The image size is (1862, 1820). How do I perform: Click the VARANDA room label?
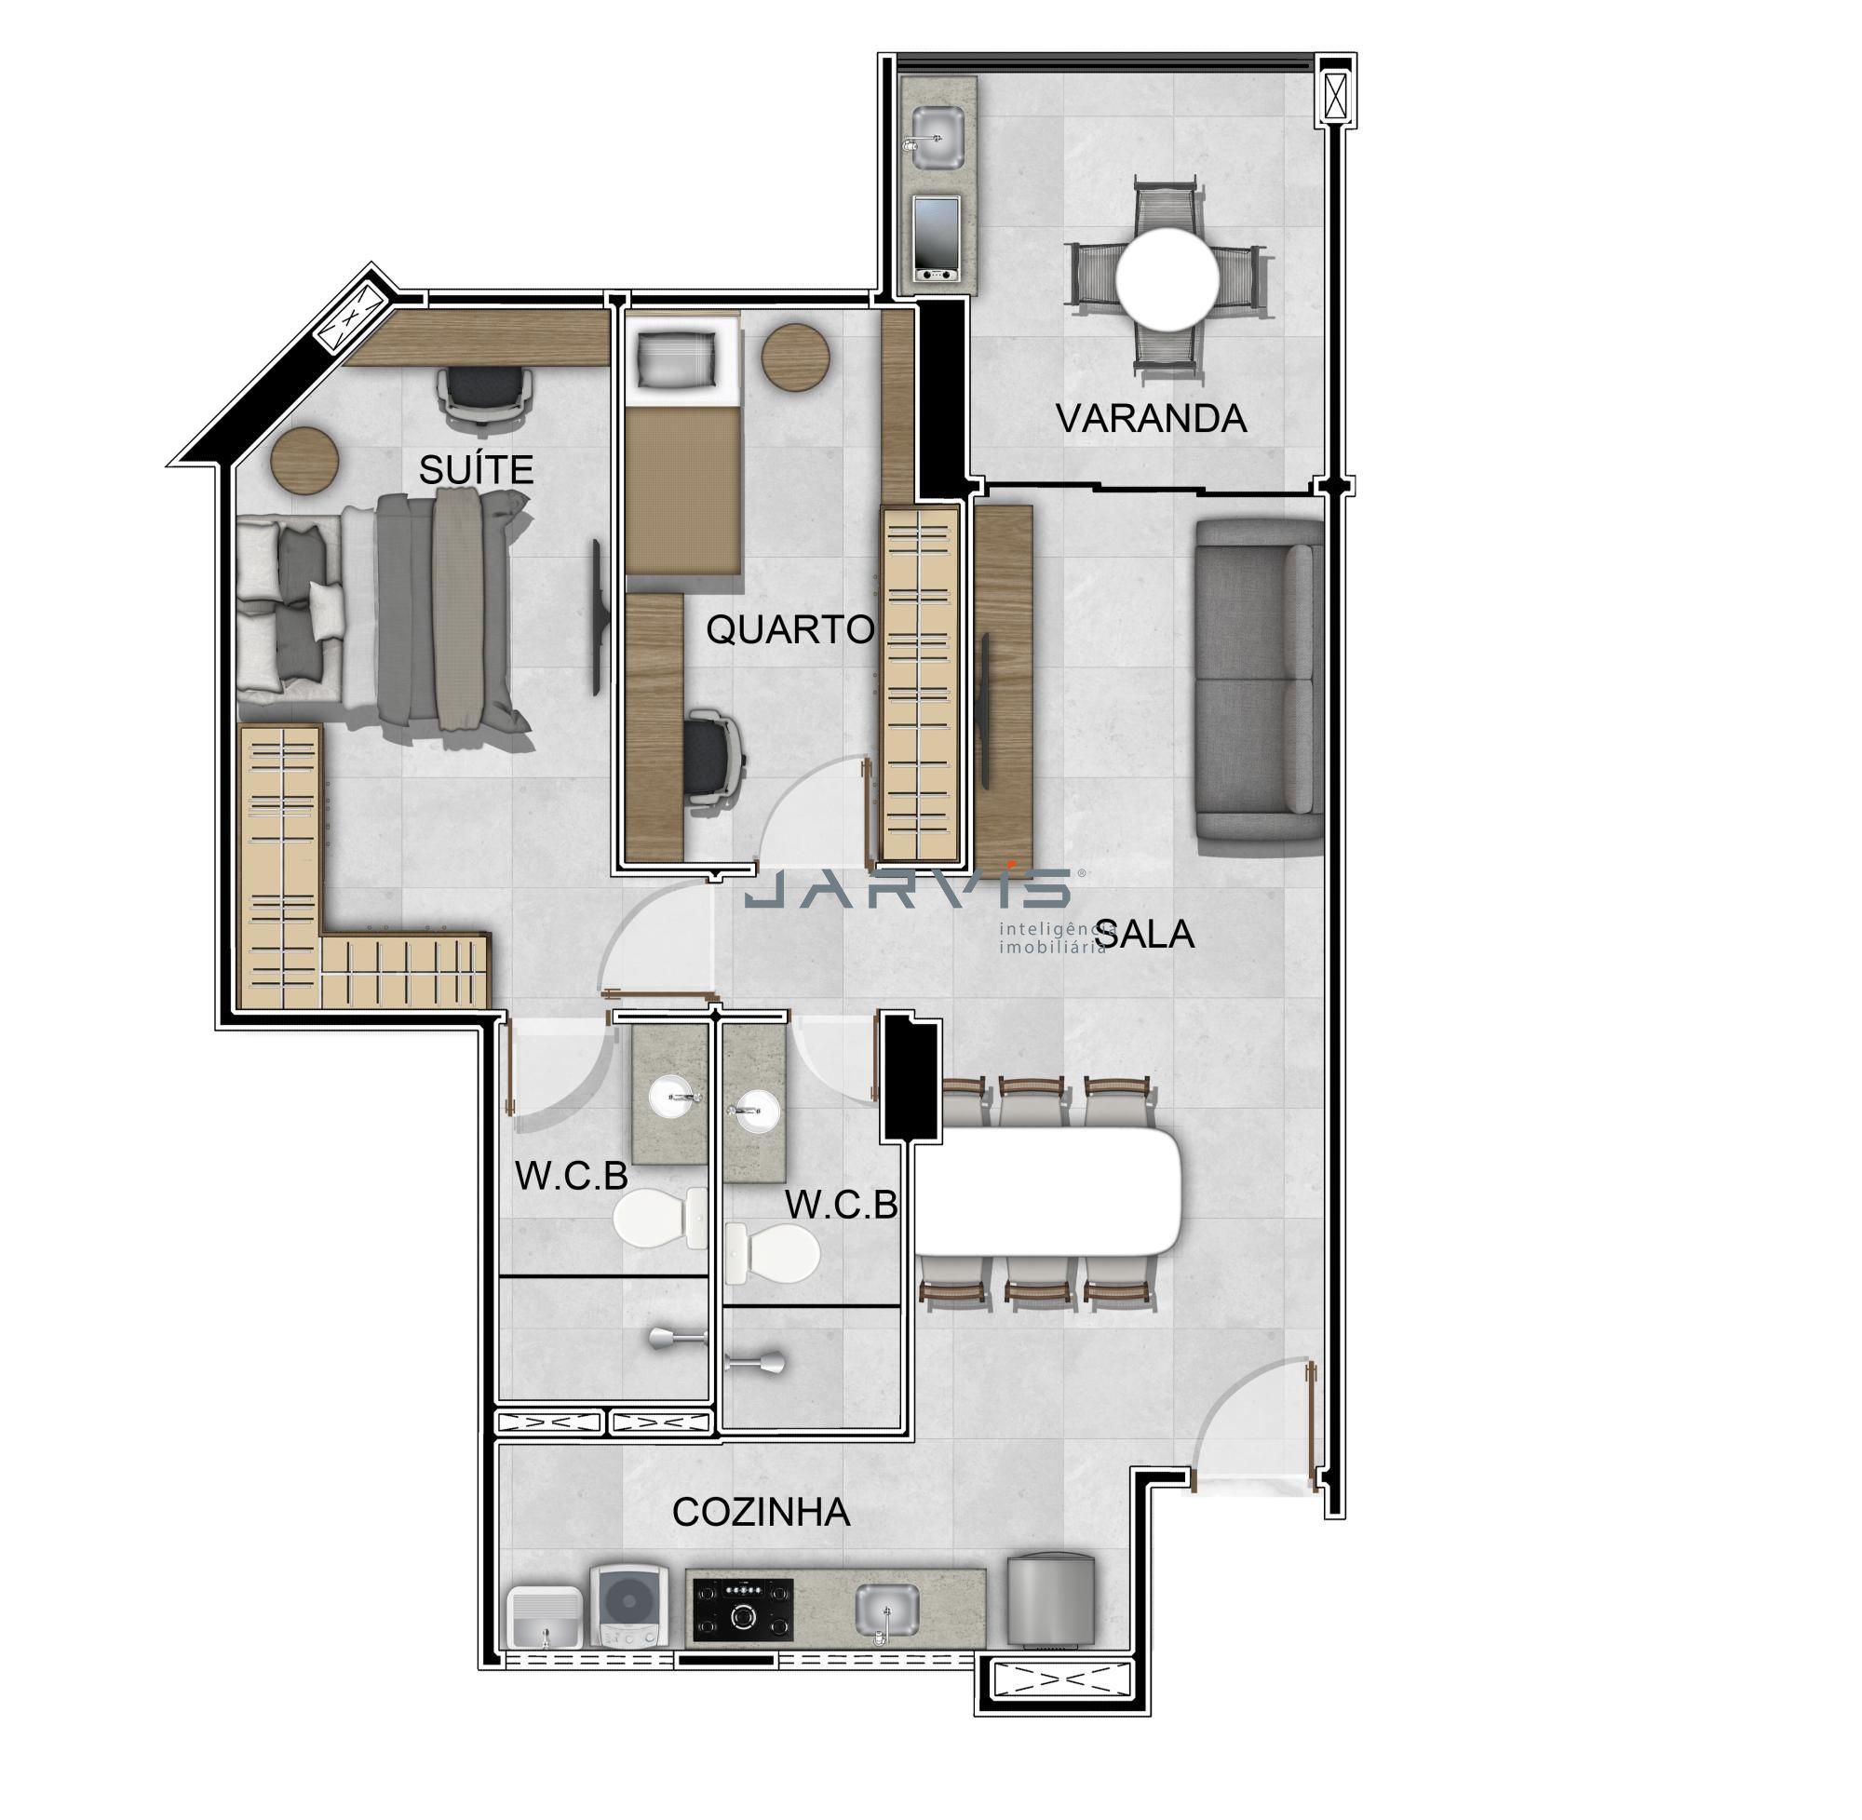(1151, 419)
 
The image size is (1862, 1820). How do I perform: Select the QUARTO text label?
(789, 630)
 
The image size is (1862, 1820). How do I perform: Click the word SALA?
(1145, 934)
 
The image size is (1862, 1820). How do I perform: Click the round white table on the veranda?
(1168, 278)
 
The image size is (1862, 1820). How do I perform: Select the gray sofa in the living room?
(1260, 681)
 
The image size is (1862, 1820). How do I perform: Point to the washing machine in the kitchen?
(626, 1604)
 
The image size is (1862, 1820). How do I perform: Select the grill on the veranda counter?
(937, 240)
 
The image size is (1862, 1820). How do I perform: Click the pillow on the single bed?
(680, 360)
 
